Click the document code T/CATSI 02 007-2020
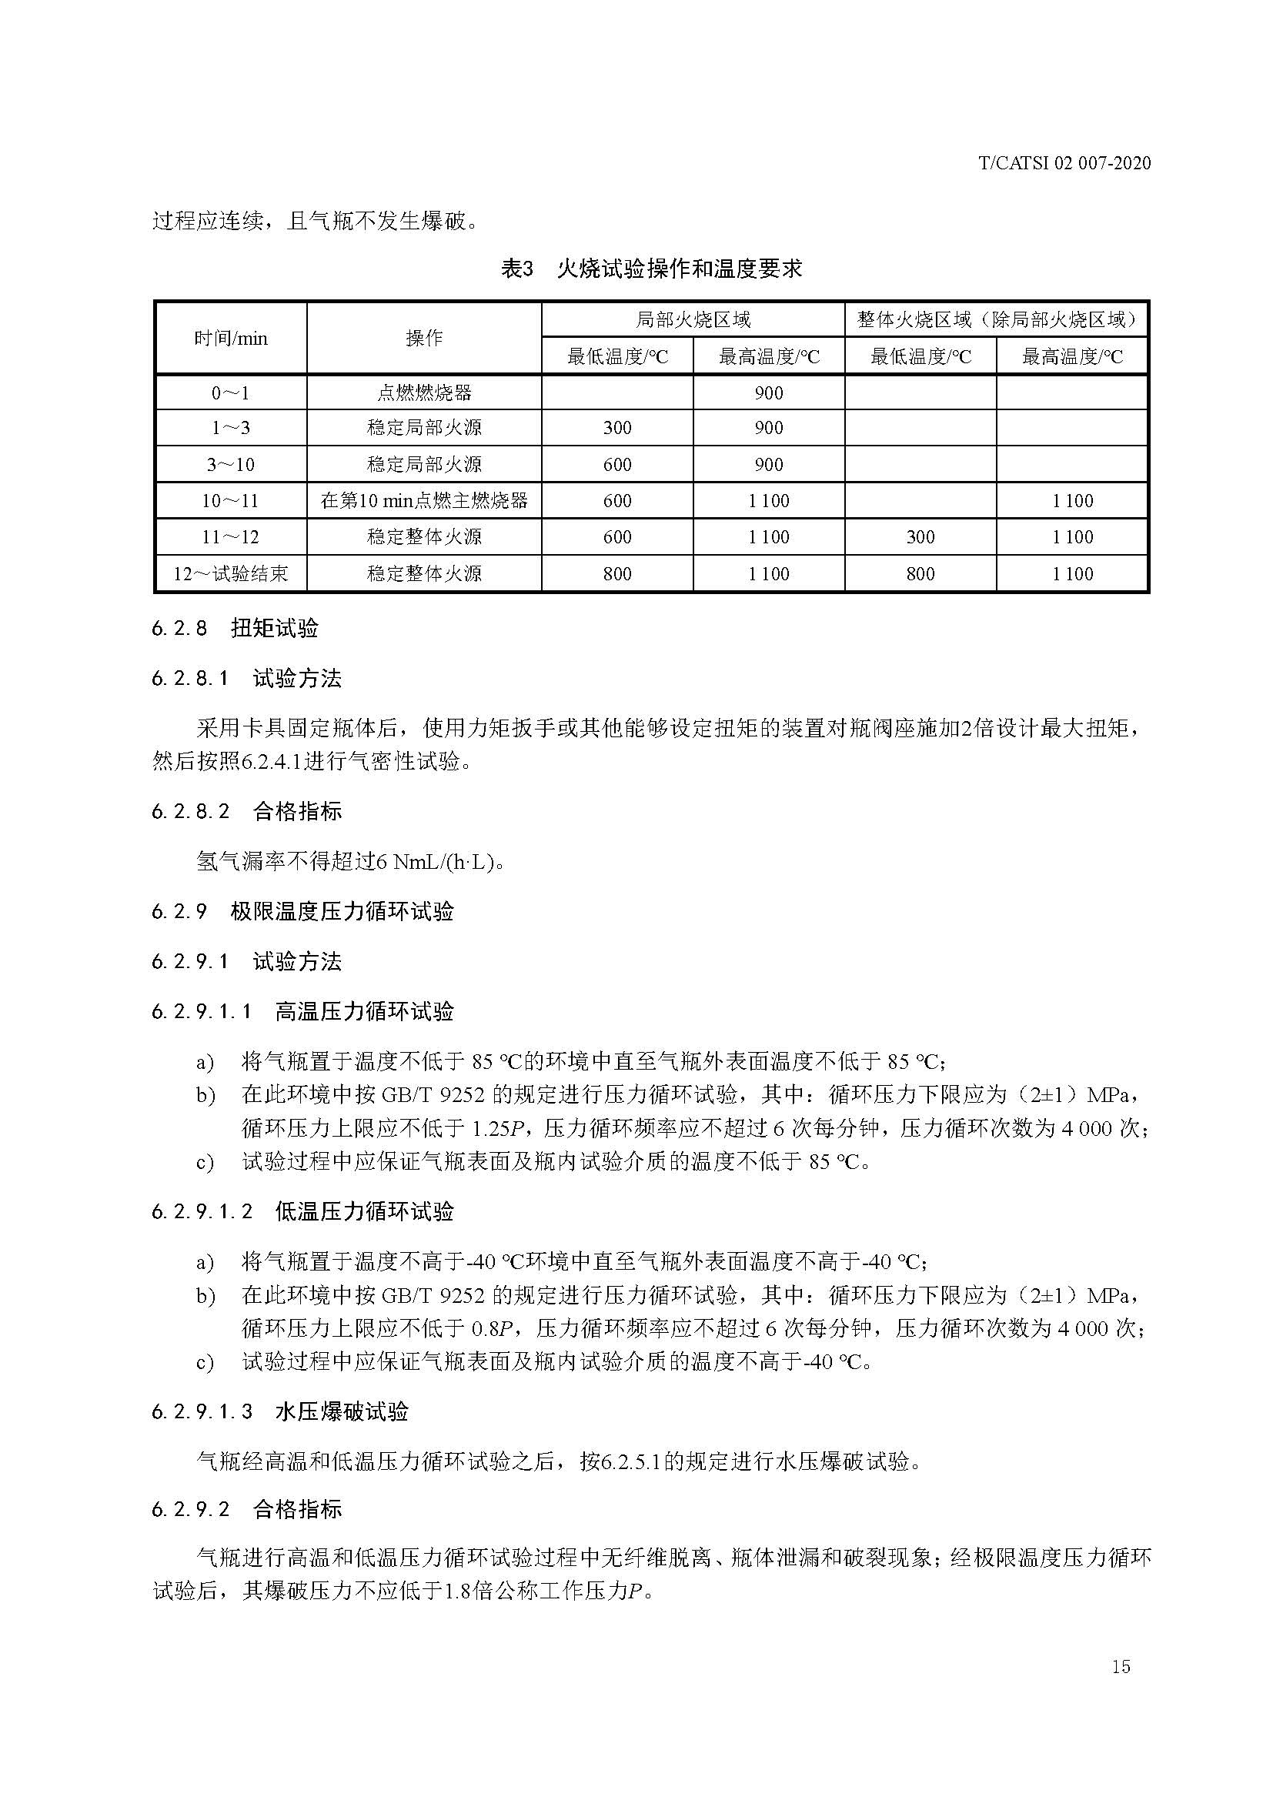1064,163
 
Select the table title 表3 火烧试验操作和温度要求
651,269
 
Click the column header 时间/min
230,338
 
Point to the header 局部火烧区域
692,319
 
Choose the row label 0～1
230,392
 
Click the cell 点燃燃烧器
424,392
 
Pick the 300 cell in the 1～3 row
617,428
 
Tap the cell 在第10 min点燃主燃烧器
424,500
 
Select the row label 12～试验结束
230,574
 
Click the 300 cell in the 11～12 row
921,537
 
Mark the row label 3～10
230,465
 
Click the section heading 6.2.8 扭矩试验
236,628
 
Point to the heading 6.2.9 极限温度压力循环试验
302,911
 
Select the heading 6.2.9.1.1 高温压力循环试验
302,1011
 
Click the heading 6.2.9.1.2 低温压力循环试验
302,1211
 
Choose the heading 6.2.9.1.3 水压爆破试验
280,1411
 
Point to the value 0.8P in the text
493,1329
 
